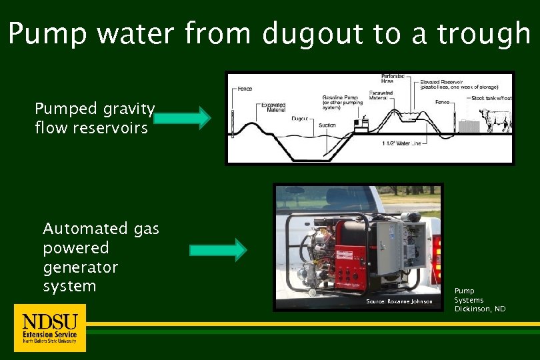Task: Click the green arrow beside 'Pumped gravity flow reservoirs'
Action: (x=182, y=119)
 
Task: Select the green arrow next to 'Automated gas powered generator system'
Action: (x=218, y=250)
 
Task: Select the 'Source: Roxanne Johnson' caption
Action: (x=399, y=302)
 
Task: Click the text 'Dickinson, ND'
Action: (x=480, y=309)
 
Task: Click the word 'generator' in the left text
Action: (x=80, y=267)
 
